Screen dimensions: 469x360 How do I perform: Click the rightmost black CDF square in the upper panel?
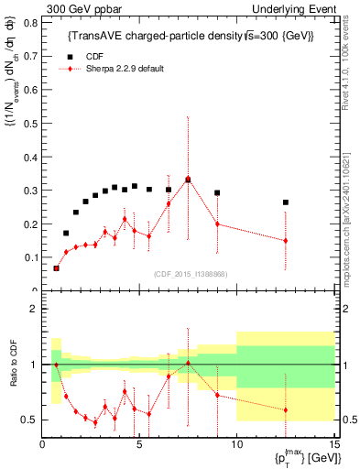point(286,202)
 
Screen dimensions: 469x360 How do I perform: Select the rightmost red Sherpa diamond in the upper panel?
point(286,241)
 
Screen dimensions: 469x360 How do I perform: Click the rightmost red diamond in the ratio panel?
point(286,410)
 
